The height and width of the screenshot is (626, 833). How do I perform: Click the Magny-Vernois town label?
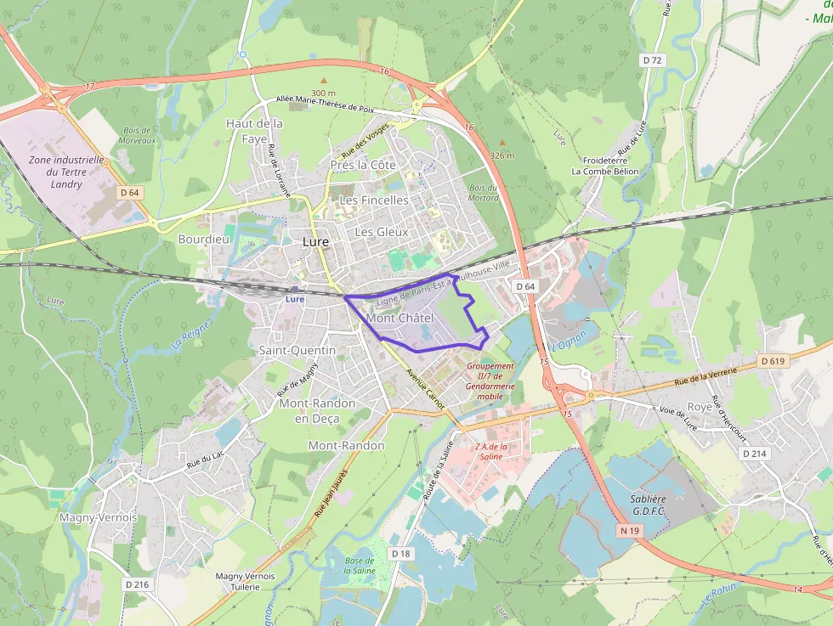[98, 516]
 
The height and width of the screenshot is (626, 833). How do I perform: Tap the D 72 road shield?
[652, 60]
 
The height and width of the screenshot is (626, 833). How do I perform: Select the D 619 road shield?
[773, 361]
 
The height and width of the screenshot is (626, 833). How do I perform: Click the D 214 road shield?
[754, 454]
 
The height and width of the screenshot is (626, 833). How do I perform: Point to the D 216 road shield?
[137, 584]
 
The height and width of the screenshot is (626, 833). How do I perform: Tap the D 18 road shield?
[400, 554]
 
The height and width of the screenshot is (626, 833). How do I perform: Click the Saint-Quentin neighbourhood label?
[297, 350]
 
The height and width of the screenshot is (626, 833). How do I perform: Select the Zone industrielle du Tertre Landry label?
[66, 172]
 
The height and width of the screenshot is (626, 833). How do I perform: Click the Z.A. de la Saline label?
[490, 451]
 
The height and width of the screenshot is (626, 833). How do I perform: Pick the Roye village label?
[700, 407]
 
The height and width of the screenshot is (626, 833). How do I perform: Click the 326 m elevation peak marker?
[502, 144]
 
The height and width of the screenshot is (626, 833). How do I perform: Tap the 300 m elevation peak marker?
[323, 81]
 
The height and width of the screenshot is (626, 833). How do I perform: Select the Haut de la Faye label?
[254, 130]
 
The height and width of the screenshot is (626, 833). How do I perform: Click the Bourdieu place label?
[204, 240]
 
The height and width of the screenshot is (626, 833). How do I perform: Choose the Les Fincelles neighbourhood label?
[373, 200]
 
